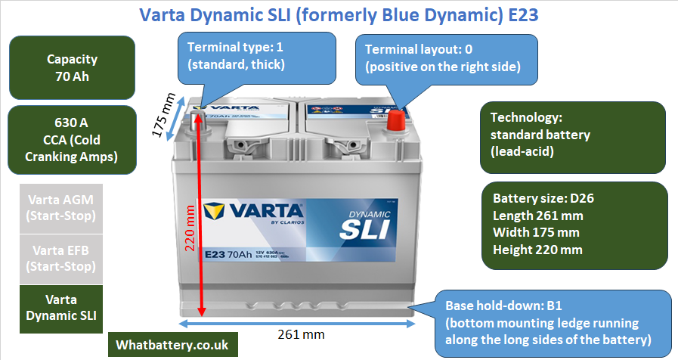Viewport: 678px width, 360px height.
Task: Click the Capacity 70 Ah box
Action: pos(72,67)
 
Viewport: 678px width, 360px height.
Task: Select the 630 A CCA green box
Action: pos(72,139)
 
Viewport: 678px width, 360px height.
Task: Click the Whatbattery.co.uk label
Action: pos(172,344)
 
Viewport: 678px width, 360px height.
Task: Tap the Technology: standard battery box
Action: pos(572,135)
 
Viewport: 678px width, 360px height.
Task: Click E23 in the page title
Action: pos(521,14)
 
